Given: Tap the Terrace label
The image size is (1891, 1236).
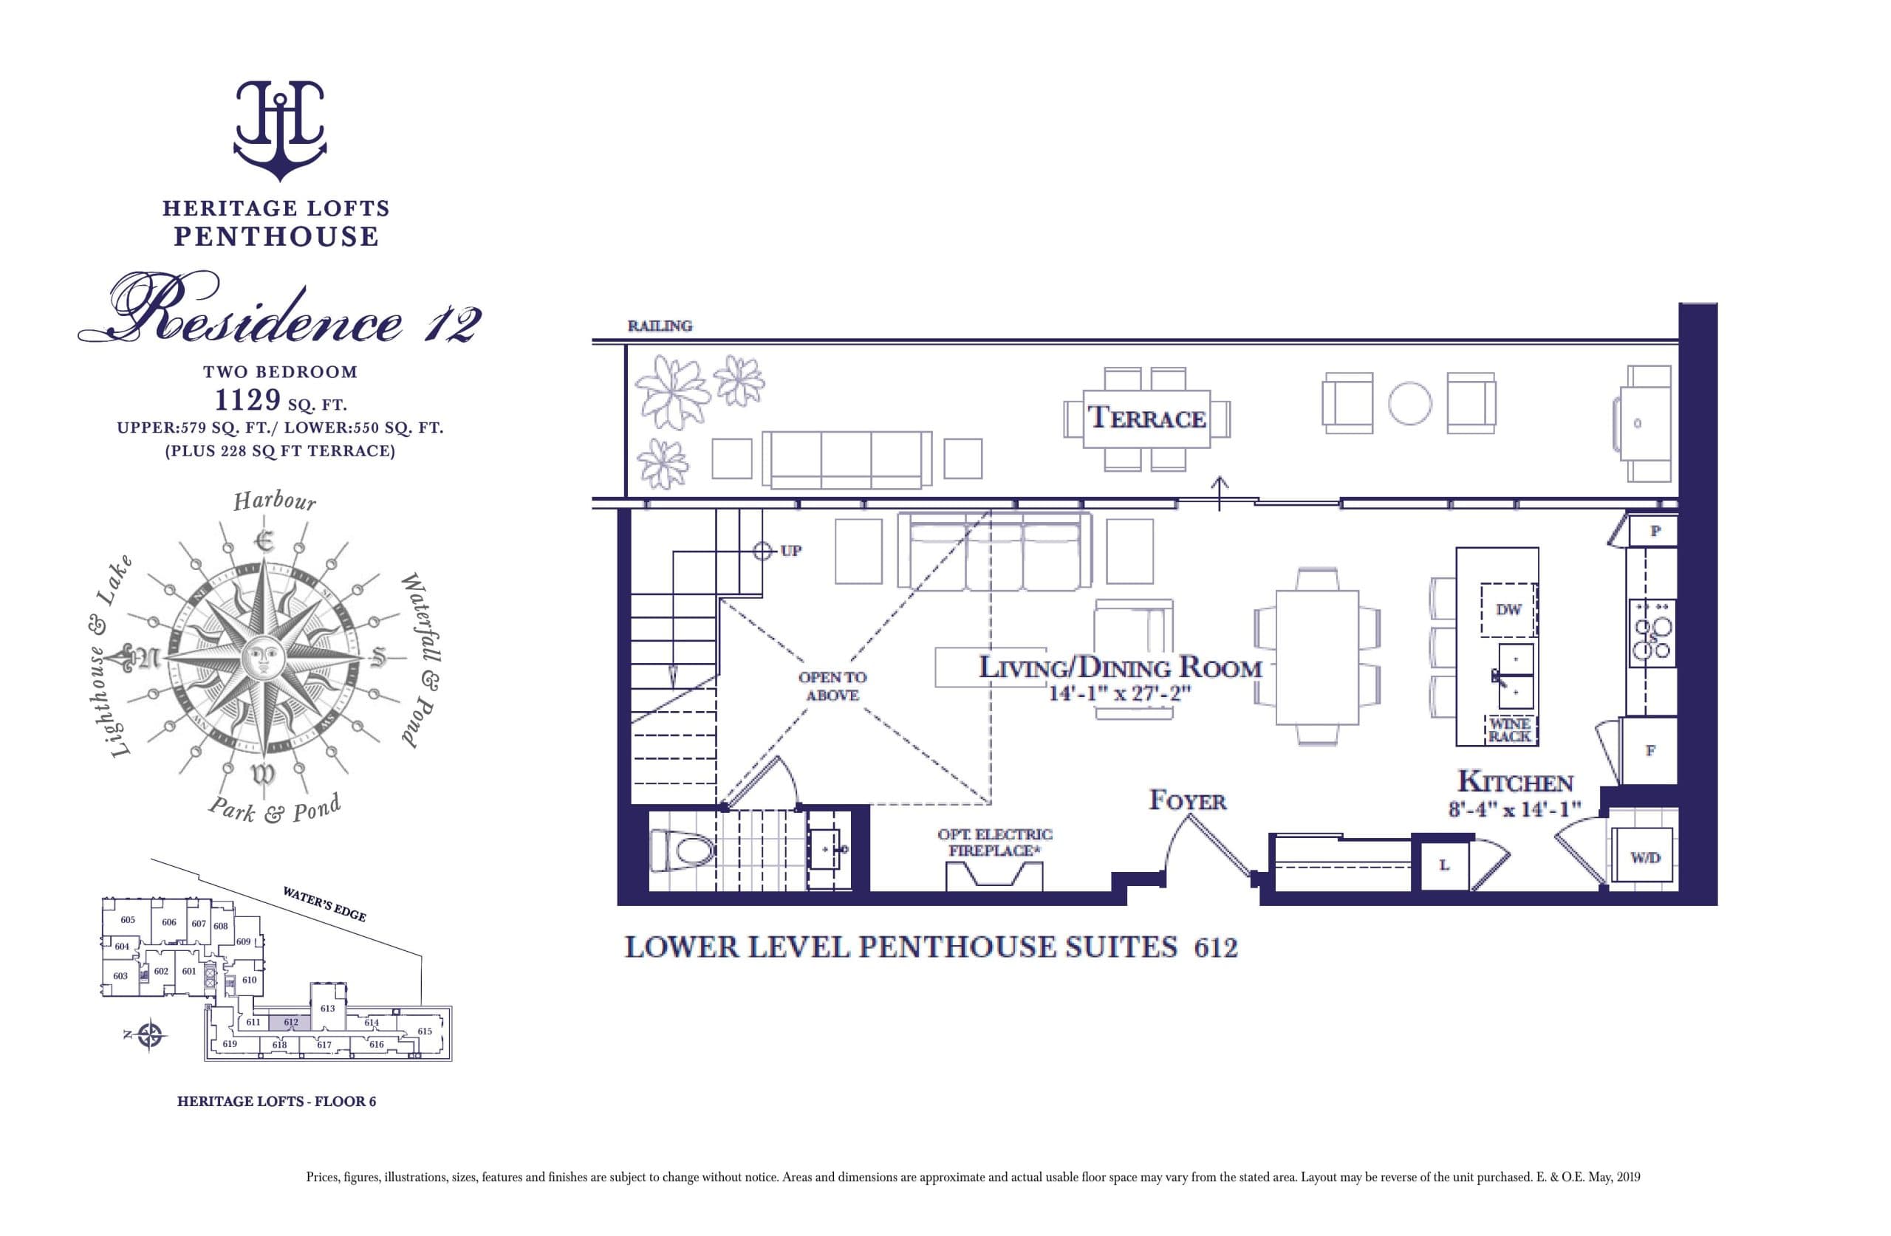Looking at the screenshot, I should click(x=1146, y=418).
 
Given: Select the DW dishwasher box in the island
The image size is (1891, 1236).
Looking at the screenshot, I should click(x=1508, y=610).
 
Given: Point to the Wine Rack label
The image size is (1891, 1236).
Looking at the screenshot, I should click(x=1509, y=729).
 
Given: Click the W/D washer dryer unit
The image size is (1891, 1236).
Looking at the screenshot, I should click(x=1645, y=857).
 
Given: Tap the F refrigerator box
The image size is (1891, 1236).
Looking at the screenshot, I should click(x=1650, y=750).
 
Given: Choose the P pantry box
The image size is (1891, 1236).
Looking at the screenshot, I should click(x=1655, y=531).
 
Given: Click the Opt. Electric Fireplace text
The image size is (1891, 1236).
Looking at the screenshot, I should click(x=995, y=842).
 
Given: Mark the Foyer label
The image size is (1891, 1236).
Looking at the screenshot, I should click(x=1187, y=800).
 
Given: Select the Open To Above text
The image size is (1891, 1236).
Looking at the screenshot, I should click(x=832, y=685).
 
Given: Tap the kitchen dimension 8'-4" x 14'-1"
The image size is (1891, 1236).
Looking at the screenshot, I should click(x=1514, y=809).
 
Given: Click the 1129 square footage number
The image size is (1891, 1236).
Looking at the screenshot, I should click(x=248, y=399).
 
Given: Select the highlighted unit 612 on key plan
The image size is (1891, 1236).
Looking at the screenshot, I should click(x=290, y=1023).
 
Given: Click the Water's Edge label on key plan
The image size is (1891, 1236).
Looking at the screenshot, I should click(x=324, y=904).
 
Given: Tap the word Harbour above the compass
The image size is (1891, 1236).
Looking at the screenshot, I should click(x=275, y=501).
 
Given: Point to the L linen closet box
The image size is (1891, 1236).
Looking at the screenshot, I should click(x=1443, y=865).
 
